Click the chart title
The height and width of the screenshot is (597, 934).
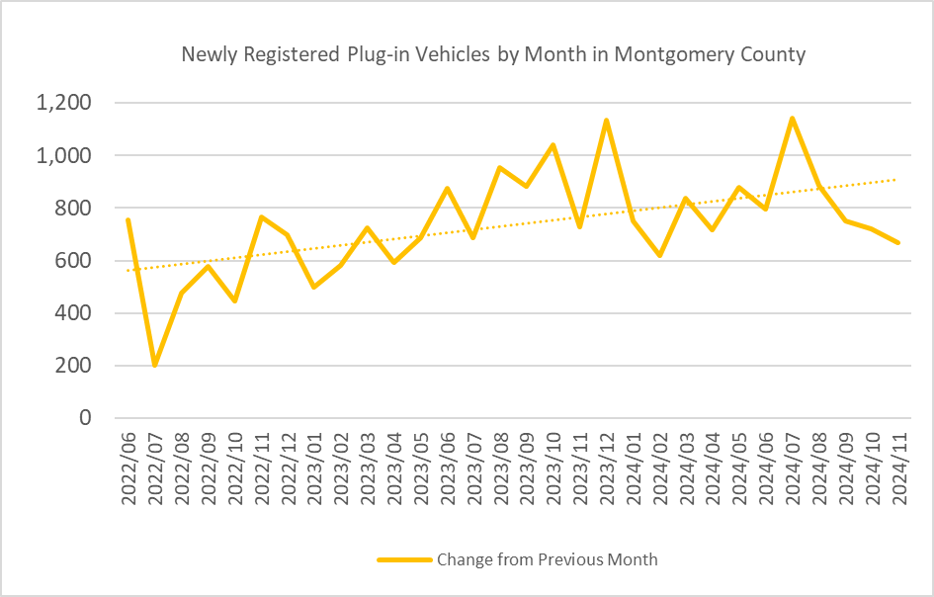[x=493, y=54]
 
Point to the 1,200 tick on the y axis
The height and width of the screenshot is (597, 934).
[x=63, y=103]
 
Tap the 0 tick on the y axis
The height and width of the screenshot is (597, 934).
[x=85, y=418]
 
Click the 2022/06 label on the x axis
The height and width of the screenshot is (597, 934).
[x=129, y=469]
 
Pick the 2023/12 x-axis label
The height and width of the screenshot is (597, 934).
[x=607, y=469]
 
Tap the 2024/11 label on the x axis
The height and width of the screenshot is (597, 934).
[x=898, y=469]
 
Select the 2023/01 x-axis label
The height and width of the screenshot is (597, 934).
[x=315, y=469]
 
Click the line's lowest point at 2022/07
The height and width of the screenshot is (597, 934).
[x=155, y=365]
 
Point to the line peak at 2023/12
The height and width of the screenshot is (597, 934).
[x=606, y=121]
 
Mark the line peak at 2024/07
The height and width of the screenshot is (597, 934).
[x=792, y=119]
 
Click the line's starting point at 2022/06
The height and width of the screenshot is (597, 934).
[x=128, y=219]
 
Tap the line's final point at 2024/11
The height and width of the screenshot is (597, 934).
[x=898, y=242]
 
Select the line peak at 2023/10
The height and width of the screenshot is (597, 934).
[x=552, y=145]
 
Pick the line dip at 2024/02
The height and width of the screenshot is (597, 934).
[x=659, y=255]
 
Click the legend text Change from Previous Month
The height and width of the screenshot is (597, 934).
[x=548, y=559]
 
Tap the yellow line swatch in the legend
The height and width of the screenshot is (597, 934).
[x=404, y=559]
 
